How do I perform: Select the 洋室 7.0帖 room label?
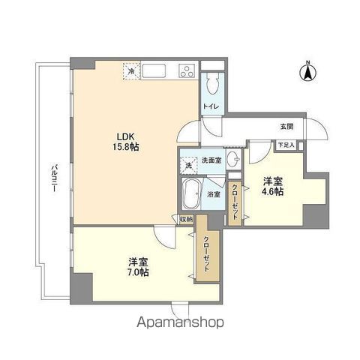(138, 266)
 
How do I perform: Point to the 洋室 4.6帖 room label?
(272, 186)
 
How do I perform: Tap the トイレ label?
(211, 106)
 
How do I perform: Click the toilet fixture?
(211, 81)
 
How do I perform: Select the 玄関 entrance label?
(286, 126)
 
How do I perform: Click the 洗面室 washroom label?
(211, 160)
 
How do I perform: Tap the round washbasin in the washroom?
(233, 158)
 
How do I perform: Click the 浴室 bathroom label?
(214, 194)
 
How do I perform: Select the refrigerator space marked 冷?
(131, 72)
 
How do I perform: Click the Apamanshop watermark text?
(180, 325)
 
